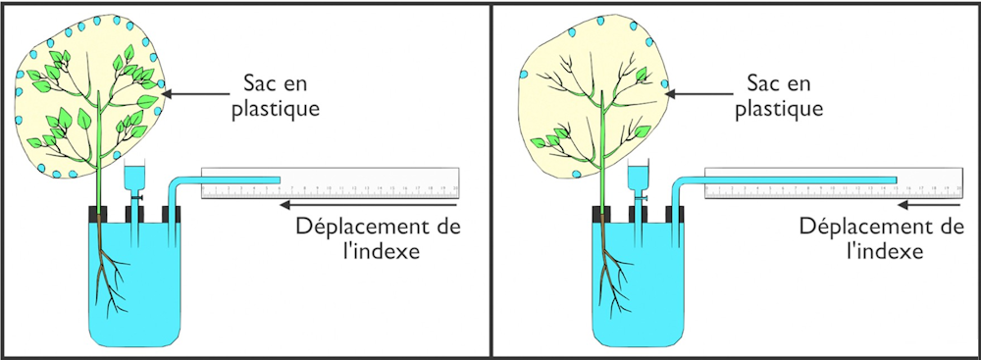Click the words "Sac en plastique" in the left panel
276,95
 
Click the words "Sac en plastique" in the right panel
778,95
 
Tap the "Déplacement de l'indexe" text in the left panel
379,238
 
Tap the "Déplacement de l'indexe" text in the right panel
882,238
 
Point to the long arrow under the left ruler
370,205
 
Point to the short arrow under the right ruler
929,205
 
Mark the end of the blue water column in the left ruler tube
279,180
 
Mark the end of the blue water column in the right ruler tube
898,180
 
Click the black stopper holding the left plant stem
97,214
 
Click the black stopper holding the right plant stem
600,214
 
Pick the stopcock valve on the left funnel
135,196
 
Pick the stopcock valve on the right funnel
639,196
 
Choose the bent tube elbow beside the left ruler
175,182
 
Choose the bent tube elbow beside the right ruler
678,182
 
